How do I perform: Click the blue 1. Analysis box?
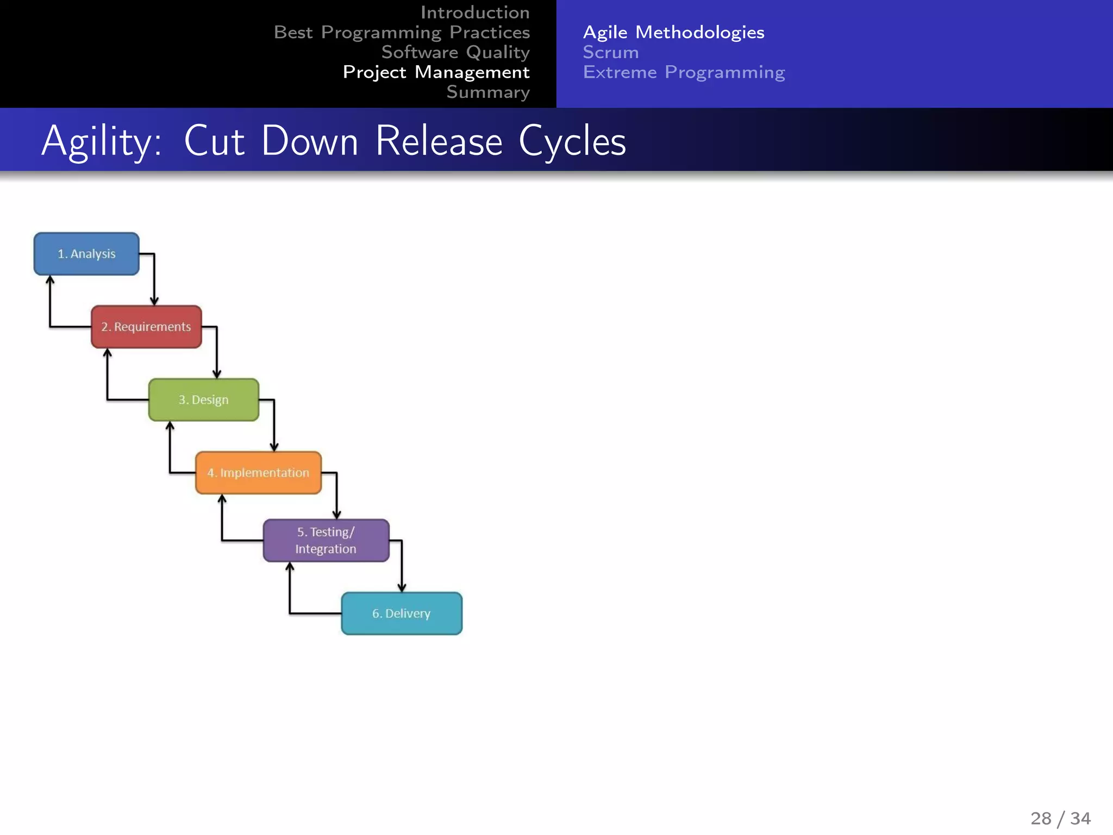(x=86, y=254)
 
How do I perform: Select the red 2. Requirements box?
(x=146, y=327)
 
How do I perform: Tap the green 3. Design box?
(x=204, y=400)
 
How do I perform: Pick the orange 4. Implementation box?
(x=258, y=473)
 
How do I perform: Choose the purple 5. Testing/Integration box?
(x=326, y=540)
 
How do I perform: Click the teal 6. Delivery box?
(x=402, y=613)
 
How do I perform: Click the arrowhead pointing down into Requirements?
(x=154, y=301)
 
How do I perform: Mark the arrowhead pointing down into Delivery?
(x=402, y=587)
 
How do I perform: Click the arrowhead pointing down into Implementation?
(x=274, y=446)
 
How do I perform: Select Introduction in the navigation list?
(x=475, y=13)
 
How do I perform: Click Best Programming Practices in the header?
(x=402, y=33)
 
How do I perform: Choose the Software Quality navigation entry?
(x=455, y=52)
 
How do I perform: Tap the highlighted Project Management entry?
(x=436, y=72)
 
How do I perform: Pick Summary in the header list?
(x=488, y=92)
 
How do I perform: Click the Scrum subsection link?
(x=611, y=52)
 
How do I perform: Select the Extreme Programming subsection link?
(x=684, y=72)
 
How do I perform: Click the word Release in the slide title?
(x=439, y=141)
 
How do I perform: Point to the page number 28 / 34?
(x=1060, y=818)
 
